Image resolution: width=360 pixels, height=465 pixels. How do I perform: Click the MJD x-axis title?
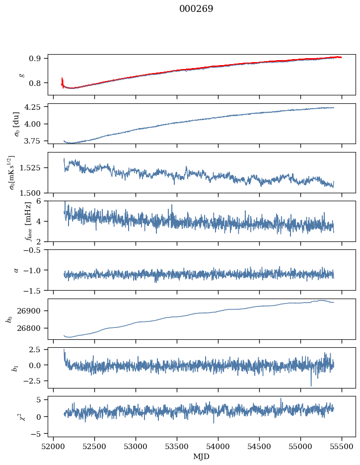point(201,457)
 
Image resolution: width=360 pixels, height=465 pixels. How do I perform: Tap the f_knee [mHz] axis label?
point(14,221)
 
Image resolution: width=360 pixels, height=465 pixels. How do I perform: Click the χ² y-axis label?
point(14,416)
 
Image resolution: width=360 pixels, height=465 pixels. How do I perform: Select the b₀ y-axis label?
point(9,318)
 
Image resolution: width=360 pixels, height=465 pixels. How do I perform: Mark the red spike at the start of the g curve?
point(62,80)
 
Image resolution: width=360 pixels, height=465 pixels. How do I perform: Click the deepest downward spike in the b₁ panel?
point(311,385)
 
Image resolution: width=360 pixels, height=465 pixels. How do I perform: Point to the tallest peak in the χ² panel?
point(281,398)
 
